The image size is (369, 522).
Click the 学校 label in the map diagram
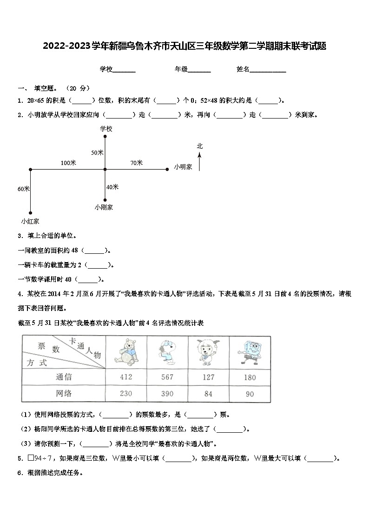point(106,129)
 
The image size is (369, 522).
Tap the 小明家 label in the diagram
point(183,167)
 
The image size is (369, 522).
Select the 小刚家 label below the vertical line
point(104,207)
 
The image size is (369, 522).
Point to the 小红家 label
point(30,221)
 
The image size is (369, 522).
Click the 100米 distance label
point(68,163)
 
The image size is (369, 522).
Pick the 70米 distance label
point(136,163)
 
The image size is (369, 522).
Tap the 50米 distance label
point(97,152)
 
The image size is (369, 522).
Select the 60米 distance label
point(23,189)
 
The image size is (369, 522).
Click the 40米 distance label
point(112,187)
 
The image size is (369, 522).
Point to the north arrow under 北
point(199,163)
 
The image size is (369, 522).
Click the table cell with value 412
point(126,377)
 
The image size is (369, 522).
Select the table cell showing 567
point(167,377)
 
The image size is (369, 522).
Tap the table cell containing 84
point(208,394)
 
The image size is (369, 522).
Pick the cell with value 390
point(167,394)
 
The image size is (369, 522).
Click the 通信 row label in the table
point(64,377)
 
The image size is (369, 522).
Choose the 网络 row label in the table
point(64,394)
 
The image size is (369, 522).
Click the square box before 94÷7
point(31,458)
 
